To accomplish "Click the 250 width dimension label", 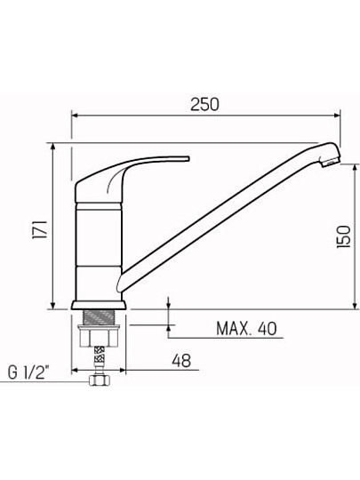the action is pos(204,104).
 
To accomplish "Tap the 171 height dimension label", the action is pos(40,229).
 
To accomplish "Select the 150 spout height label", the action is pos(343,236).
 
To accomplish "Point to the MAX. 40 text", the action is pos(246,329).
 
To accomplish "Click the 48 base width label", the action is pos(181,360).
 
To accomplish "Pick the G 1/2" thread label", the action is pos(28,372).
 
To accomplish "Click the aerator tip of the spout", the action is pos(331,161).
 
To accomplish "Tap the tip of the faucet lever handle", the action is pos(188,158).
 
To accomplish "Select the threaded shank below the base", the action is pos(99,317).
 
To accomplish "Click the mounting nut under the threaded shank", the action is pos(99,336).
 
